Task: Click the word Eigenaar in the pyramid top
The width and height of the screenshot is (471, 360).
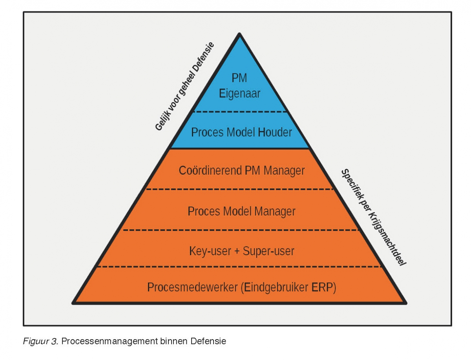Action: click(x=239, y=93)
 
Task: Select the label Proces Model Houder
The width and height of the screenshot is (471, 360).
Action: click(x=241, y=132)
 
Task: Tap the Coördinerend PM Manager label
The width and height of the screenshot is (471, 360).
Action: click(x=241, y=171)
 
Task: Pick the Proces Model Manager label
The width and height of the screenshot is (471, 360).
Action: click(x=241, y=212)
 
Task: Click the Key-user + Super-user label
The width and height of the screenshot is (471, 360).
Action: click(x=241, y=251)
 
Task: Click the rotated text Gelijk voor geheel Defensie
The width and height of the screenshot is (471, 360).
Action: click(x=185, y=86)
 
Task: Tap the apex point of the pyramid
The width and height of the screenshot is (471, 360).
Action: click(x=239, y=35)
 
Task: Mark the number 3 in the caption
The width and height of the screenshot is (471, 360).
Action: click(x=55, y=341)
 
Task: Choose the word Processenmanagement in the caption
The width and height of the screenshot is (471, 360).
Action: click(x=110, y=341)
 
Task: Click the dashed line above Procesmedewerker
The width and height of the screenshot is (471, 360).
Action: click(x=239, y=267)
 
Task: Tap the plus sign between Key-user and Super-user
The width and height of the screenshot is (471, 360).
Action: click(x=237, y=251)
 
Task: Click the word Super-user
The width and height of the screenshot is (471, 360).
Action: click(x=268, y=251)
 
